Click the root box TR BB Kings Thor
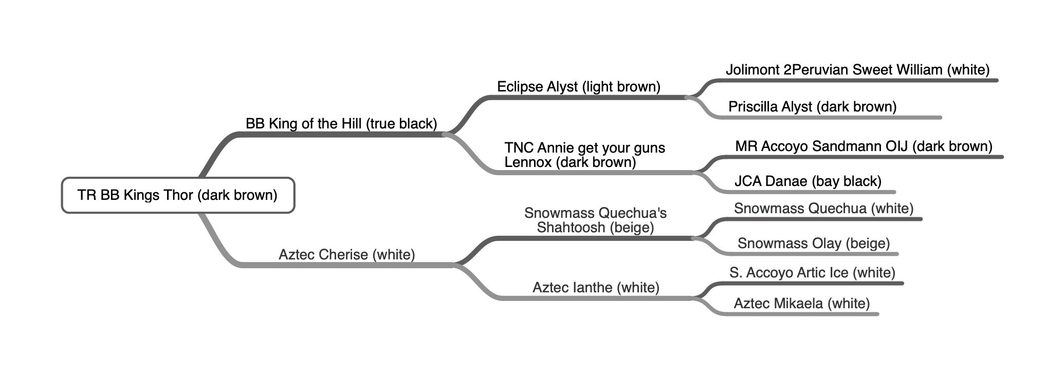(x=178, y=195)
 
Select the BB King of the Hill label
(x=341, y=124)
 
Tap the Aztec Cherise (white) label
(x=346, y=255)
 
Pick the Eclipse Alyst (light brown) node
(x=578, y=87)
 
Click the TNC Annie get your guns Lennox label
(x=584, y=155)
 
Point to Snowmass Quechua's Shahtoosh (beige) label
(x=595, y=220)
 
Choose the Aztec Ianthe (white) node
(x=596, y=288)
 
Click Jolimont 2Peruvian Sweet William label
(x=857, y=70)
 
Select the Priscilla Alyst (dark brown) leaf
(x=812, y=107)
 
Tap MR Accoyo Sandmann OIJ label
(x=864, y=146)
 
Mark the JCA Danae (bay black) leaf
(x=808, y=181)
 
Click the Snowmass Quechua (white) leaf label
(x=823, y=209)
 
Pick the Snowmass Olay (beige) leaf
(x=813, y=244)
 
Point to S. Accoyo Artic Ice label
(x=812, y=273)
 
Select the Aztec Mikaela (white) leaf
(x=801, y=304)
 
